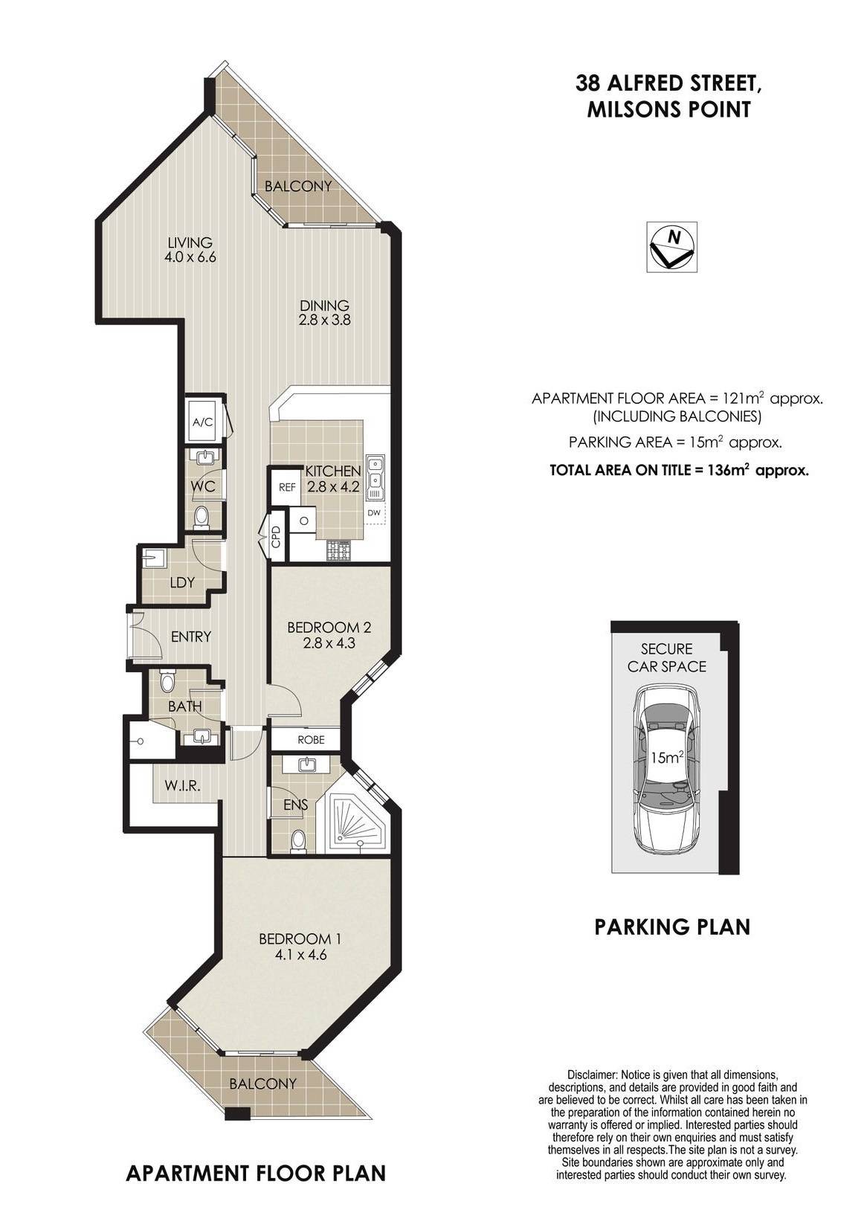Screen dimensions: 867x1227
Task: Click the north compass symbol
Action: coord(671,246)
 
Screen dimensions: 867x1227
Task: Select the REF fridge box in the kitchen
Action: coord(287,487)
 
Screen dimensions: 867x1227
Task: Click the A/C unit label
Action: coord(203,422)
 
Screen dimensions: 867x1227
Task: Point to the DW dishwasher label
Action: coord(374,513)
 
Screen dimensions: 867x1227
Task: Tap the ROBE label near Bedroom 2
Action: coord(311,739)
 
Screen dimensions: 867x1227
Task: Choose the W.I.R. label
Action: coord(182,786)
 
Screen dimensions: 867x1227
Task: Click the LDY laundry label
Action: coord(182,582)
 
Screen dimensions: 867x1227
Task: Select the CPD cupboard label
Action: coord(276,537)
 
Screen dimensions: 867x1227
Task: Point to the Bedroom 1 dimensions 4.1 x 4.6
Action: coord(300,955)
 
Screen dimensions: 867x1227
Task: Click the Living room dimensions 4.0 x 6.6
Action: coord(190,257)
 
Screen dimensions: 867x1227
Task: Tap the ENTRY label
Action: coord(190,637)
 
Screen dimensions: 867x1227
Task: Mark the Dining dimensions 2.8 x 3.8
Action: coord(325,320)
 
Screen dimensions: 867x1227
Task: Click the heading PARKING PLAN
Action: coord(672,927)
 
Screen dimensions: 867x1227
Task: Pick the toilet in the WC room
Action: coord(202,517)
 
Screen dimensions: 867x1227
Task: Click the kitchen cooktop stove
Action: coord(338,550)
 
